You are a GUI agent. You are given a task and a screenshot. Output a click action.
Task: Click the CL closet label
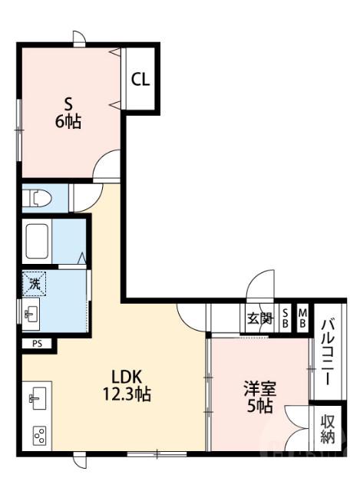tap(140, 79)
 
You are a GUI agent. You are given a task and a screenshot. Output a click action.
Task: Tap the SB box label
tap(285, 318)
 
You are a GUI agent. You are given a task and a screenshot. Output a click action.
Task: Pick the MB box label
tap(302, 318)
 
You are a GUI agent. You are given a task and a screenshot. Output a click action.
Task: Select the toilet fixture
tap(38, 199)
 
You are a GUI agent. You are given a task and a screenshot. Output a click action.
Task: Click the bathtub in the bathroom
tap(48, 241)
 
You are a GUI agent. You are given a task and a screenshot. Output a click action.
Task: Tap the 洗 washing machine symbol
tap(35, 284)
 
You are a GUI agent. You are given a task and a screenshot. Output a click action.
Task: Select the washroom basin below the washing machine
tap(32, 314)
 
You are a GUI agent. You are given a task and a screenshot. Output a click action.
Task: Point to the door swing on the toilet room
tap(83, 195)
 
